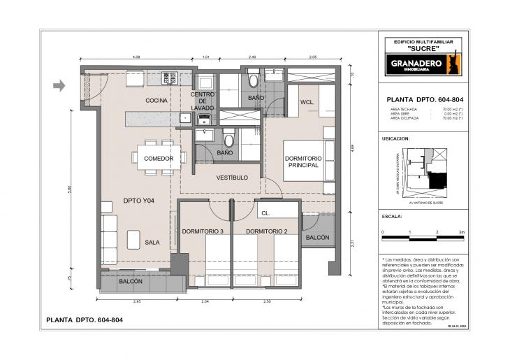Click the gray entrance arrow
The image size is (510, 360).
click(59, 86)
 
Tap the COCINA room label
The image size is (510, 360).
click(156, 101)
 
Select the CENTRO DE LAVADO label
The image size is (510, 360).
click(203, 101)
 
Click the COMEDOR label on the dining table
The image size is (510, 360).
click(159, 159)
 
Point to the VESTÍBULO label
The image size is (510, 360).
click(232, 178)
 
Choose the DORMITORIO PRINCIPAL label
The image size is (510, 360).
click(302, 161)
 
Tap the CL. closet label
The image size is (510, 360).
click(265, 213)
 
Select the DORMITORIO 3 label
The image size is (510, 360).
click(203, 231)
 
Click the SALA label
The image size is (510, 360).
click(152, 243)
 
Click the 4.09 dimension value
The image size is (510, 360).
click(137, 57)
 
